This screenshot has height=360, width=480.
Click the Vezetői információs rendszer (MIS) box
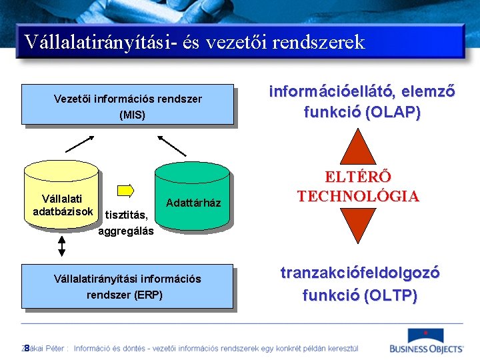coord(127,105)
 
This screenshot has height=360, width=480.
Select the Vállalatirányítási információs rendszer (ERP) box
coord(127,287)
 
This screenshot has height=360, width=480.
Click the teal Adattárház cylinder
coord(193,197)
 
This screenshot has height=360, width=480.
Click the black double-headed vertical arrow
coord(62,247)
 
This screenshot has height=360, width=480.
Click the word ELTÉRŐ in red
coord(358,177)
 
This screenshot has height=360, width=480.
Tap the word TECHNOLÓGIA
coord(358,196)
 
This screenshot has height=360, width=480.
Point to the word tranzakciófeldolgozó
coord(360,273)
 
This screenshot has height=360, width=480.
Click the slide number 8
coord(26,348)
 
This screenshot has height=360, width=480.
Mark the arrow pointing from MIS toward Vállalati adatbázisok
coord(80,144)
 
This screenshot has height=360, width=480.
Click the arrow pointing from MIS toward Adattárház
coord(172,145)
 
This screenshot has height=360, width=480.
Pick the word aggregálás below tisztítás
coord(126,231)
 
